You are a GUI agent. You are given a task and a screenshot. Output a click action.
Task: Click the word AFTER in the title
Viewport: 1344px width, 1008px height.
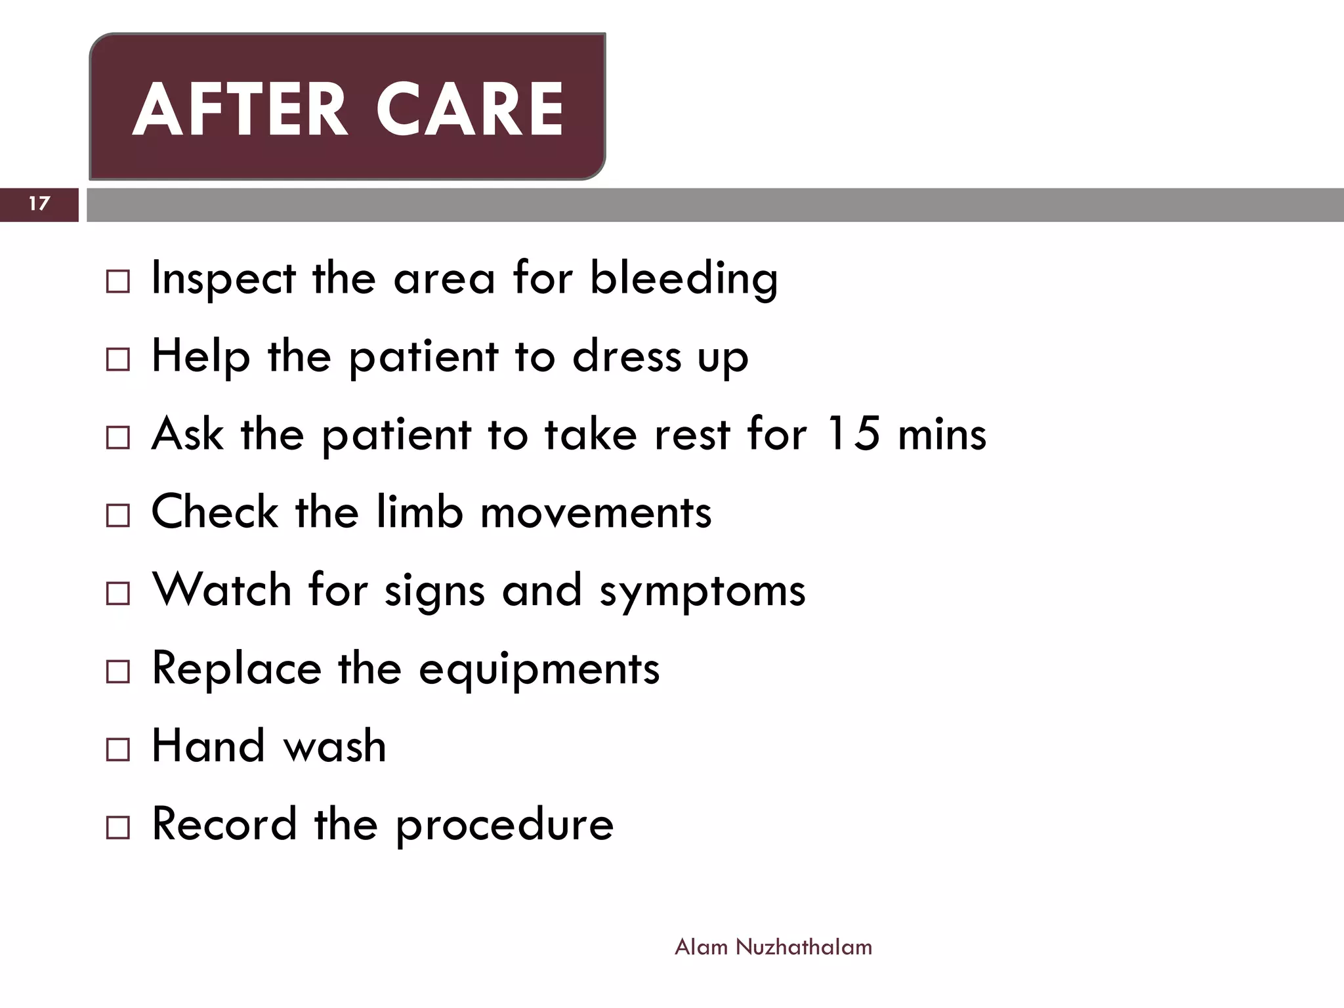click(240, 110)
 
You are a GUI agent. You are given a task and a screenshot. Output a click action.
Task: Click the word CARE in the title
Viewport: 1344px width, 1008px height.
click(470, 110)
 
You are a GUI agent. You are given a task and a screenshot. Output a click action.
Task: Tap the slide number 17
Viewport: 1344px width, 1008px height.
click(39, 203)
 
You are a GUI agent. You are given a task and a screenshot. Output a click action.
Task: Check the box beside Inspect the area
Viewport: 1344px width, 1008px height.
click(118, 282)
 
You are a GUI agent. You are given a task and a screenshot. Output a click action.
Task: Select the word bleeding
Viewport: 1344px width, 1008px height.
click(684, 279)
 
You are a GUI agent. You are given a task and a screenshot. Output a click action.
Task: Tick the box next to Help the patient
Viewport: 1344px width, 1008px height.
click(118, 360)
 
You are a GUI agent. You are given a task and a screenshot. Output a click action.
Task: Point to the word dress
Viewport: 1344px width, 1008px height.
click(627, 356)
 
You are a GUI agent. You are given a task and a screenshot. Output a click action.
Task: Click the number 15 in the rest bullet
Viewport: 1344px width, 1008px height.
click(852, 434)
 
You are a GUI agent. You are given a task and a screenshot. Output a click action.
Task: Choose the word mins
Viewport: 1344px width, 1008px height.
click(942, 434)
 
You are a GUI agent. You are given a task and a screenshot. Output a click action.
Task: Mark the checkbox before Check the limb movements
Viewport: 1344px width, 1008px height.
click(118, 516)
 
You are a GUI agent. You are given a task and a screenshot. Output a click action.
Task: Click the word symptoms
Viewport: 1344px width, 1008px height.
click(702, 591)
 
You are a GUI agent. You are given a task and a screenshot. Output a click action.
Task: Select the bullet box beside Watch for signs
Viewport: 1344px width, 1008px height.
click(118, 594)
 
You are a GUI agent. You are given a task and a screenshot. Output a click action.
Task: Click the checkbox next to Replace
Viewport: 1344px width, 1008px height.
click(118, 672)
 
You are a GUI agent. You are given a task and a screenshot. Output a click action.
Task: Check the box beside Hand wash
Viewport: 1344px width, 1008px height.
click(118, 749)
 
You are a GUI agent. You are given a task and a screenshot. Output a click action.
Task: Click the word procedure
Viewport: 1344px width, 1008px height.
click(505, 825)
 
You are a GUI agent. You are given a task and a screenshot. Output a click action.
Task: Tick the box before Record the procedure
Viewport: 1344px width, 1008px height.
click(118, 828)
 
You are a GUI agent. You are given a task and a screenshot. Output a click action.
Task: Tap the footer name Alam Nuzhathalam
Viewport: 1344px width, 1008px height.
click(773, 947)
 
